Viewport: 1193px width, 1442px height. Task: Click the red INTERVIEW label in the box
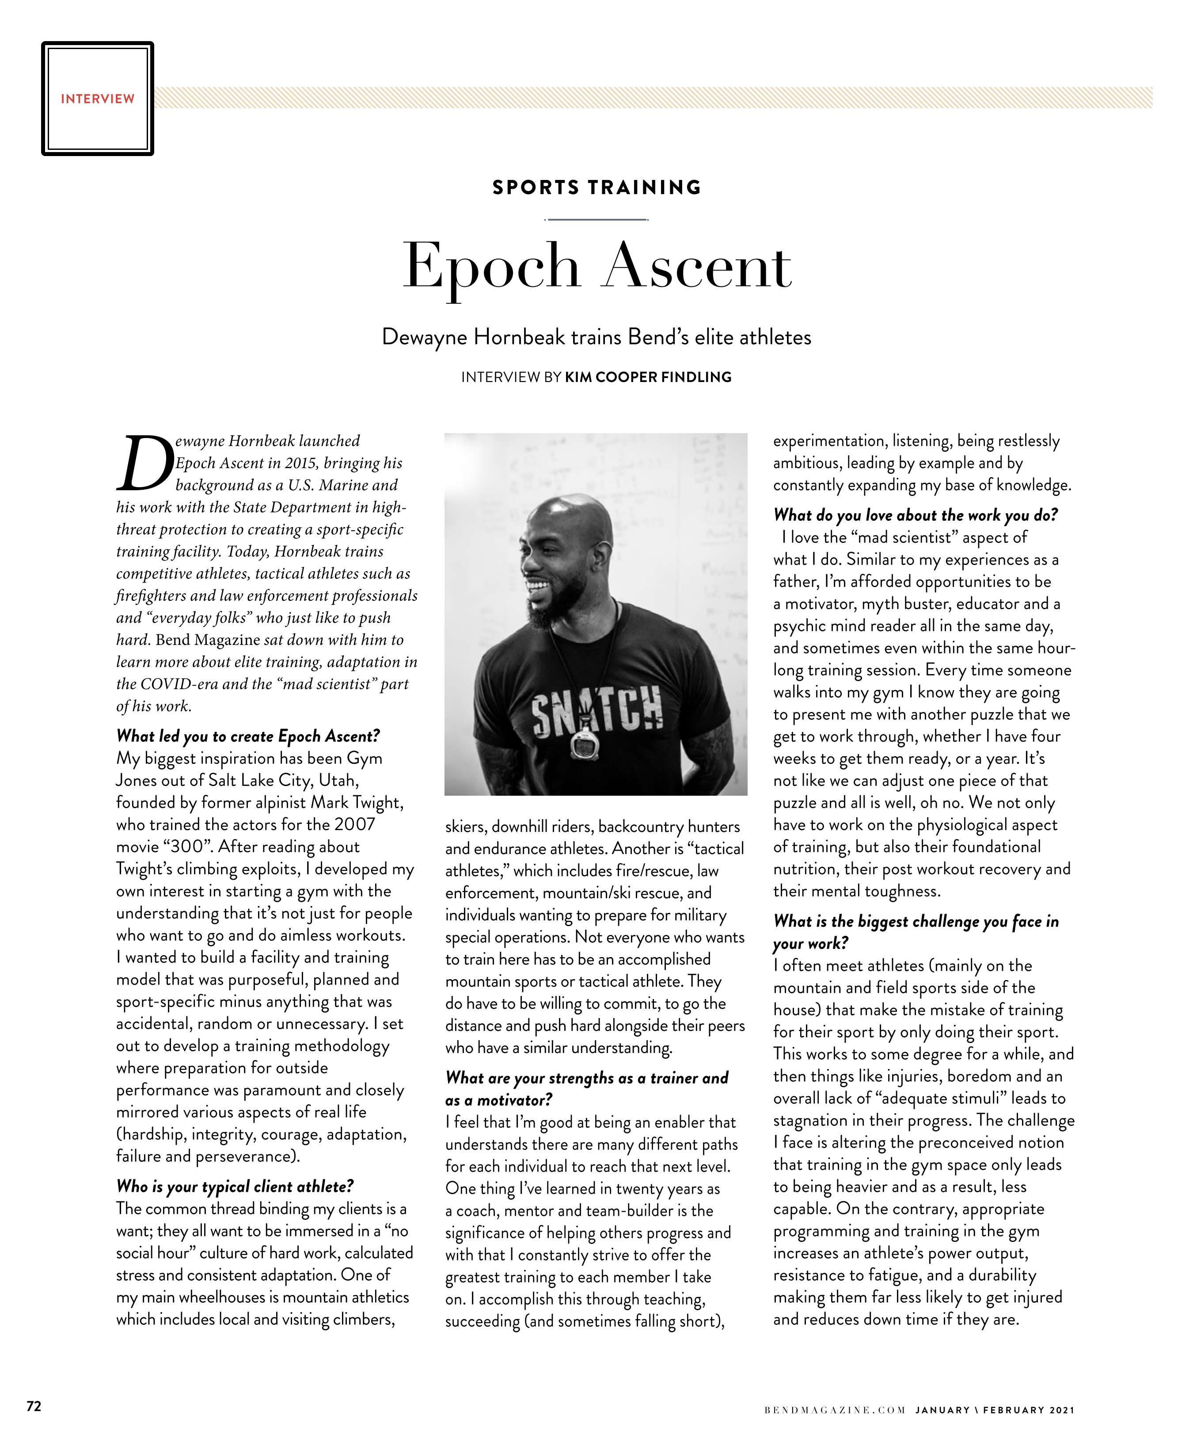click(x=98, y=99)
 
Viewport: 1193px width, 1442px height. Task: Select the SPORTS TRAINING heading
click(x=596, y=187)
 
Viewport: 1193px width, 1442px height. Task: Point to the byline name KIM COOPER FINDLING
click(x=648, y=377)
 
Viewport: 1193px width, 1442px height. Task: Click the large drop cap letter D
click(x=143, y=464)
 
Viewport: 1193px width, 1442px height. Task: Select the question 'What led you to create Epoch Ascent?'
click(x=248, y=736)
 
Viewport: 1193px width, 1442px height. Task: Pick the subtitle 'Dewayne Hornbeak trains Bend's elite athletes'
click(x=596, y=338)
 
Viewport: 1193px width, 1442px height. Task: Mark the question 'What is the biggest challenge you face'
click(x=916, y=922)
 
